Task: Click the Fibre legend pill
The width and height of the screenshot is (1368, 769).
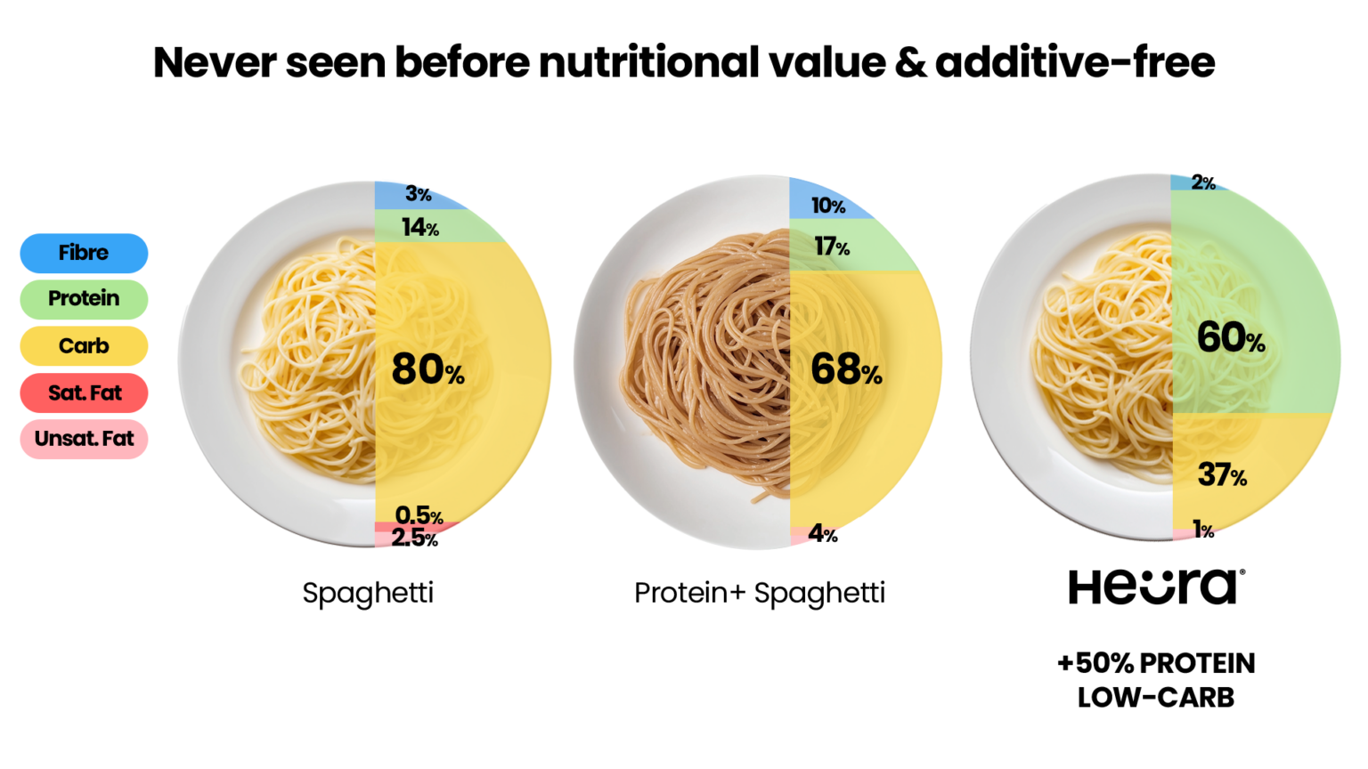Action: pyautogui.click(x=84, y=253)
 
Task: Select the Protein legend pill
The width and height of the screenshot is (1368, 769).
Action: pyautogui.click(x=84, y=298)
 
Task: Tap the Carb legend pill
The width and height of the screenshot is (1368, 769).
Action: pyautogui.click(x=84, y=345)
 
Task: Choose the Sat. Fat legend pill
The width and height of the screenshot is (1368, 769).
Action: pyautogui.click(x=84, y=393)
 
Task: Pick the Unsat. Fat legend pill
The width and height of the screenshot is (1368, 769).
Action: pyautogui.click(x=84, y=439)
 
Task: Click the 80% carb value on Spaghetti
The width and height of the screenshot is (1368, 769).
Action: pyautogui.click(x=427, y=369)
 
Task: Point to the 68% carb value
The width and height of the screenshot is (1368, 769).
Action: pyautogui.click(x=846, y=369)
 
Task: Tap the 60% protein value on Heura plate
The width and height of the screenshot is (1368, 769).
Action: pyautogui.click(x=1230, y=337)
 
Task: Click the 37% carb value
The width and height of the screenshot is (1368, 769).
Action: pyautogui.click(x=1222, y=475)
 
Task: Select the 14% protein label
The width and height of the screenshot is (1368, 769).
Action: pyautogui.click(x=419, y=228)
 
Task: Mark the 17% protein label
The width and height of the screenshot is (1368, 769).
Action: pyautogui.click(x=831, y=247)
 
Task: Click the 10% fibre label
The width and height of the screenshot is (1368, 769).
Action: pyautogui.click(x=827, y=206)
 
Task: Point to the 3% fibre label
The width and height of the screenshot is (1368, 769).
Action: pyautogui.click(x=418, y=194)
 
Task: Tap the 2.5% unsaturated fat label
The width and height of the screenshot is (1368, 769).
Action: pyautogui.click(x=414, y=538)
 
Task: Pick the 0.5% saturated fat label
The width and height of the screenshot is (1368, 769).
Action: pyautogui.click(x=419, y=515)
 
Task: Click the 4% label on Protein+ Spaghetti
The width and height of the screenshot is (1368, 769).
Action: pyautogui.click(x=823, y=534)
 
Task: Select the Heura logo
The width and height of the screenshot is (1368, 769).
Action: pyautogui.click(x=1156, y=587)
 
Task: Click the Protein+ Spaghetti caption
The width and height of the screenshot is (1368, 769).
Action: pyautogui.click(x=759, y=593)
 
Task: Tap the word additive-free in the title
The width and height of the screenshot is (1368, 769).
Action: pyautogui.click(x=1075, y=62)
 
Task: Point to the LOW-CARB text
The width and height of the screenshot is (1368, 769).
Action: pyautogui.click(x=1156, y=698)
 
